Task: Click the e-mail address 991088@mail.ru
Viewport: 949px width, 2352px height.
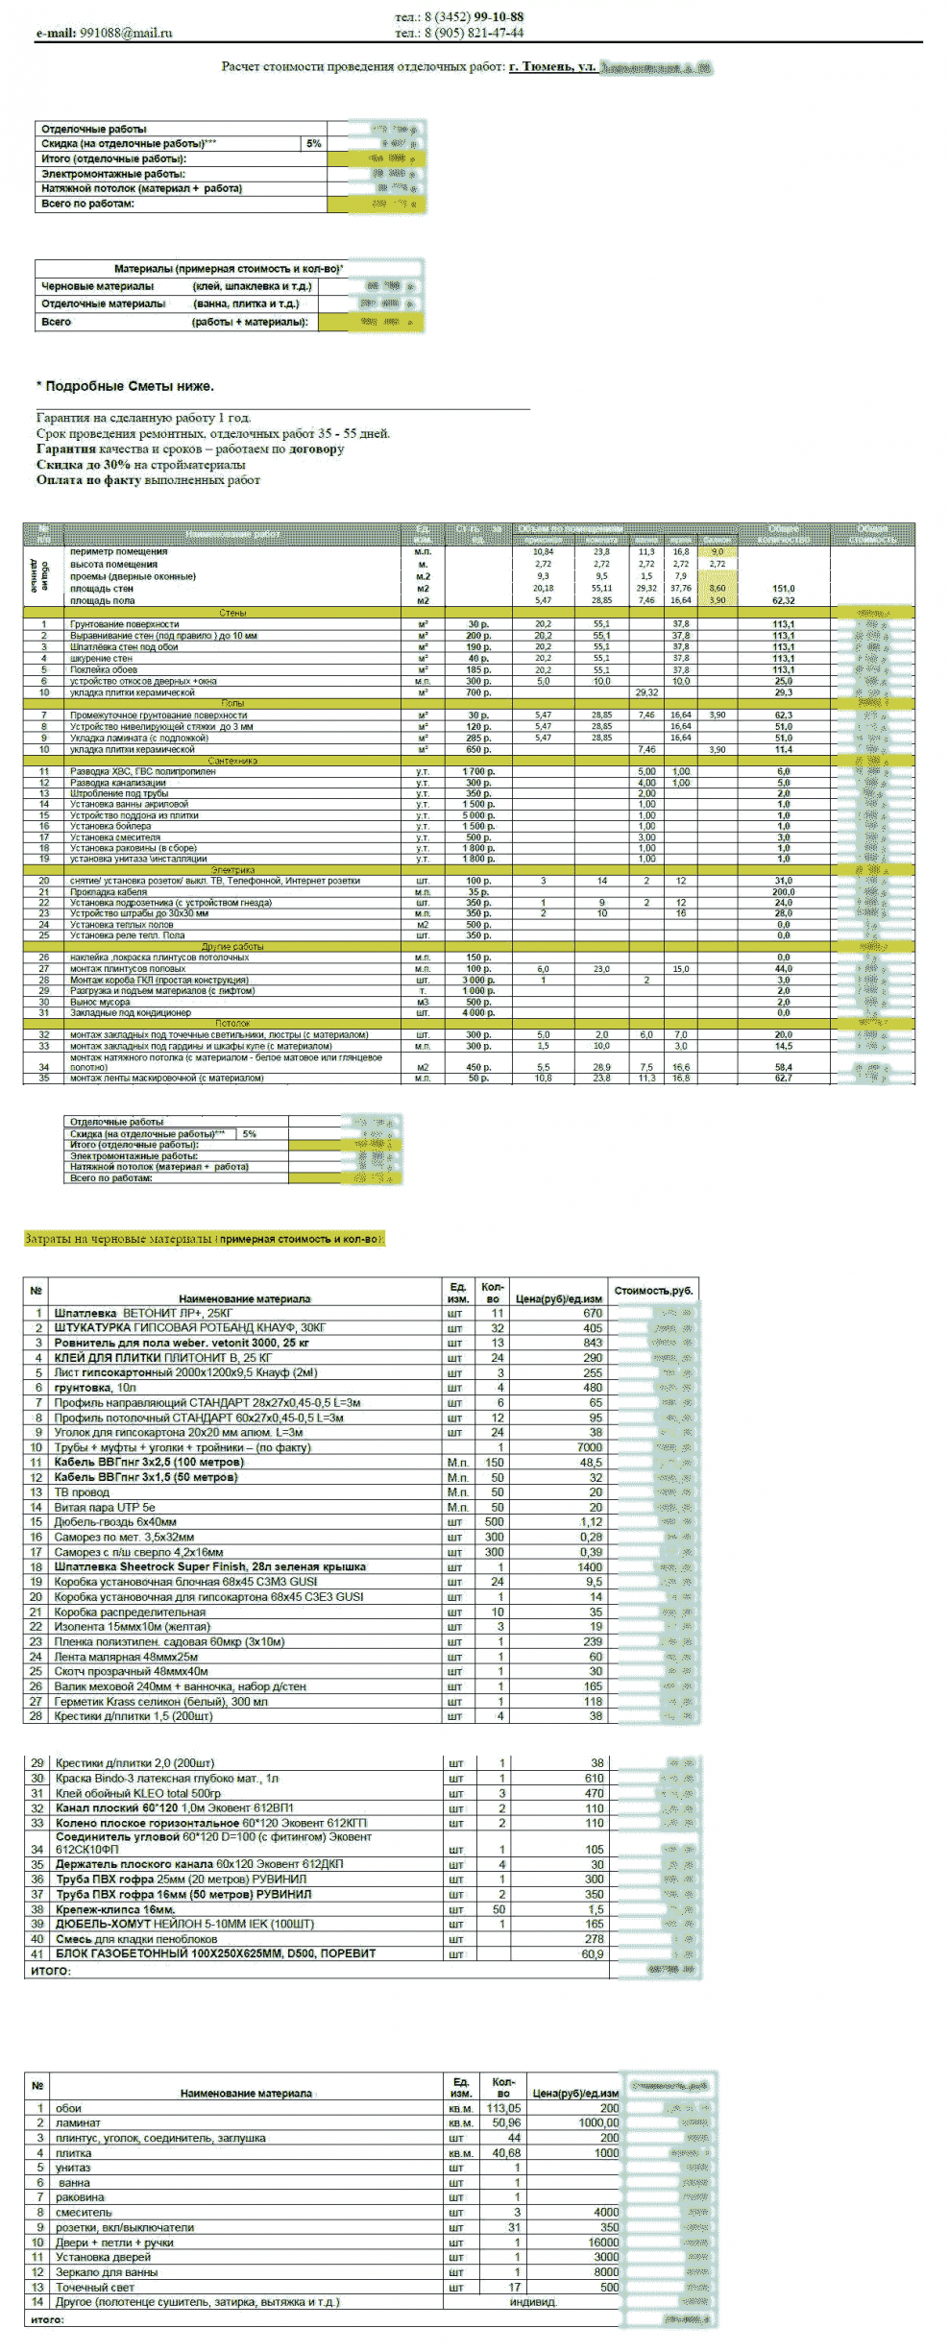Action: (126, 33)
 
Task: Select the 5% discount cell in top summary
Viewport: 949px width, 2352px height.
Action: (314, 143)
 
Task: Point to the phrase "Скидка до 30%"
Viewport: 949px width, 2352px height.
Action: (84, 465)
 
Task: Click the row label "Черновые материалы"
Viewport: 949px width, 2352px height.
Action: (97, 286)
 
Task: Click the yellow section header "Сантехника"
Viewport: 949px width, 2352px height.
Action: (232, 761)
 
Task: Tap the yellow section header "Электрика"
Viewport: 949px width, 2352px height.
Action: (232, 870)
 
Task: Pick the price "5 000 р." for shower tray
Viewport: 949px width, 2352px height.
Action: (478, 815)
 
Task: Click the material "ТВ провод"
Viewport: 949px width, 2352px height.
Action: (82, 1492)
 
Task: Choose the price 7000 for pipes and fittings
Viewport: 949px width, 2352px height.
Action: (589, 1447)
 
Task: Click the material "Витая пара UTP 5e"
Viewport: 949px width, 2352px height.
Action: (105, 1508)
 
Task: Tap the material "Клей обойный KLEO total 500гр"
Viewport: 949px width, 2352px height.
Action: (138, 1793)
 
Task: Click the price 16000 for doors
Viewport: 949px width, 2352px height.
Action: (603, 2243)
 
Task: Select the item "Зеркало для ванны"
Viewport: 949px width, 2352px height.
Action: (107, 2272)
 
